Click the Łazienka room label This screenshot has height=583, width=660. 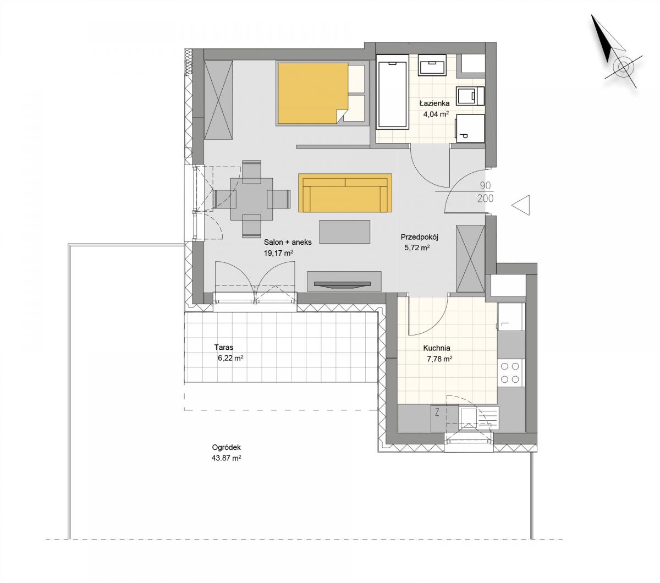coord(435,103)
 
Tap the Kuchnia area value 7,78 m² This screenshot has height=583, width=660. coord(439,359)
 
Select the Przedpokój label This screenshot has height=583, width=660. coord(419,237)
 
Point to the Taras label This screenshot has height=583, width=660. coord(223,348)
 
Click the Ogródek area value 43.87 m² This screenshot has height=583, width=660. coord(226,458)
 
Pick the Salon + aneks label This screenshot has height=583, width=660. coord(287,242)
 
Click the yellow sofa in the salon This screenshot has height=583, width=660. coord(345,193)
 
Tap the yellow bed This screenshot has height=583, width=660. coord(313,93)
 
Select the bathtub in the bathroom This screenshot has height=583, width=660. coord(392,92)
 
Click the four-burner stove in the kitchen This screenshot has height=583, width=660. coord(510,373)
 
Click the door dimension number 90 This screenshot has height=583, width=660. coord(485,186)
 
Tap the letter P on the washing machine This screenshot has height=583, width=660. coord(464,135)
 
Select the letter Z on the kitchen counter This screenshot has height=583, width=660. coord(437,413)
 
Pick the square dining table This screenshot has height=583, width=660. coord(252,199)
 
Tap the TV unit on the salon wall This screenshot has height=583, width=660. coord(344,281)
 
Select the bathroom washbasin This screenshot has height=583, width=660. coord(432,64)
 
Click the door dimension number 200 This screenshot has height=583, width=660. coord(486,198)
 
